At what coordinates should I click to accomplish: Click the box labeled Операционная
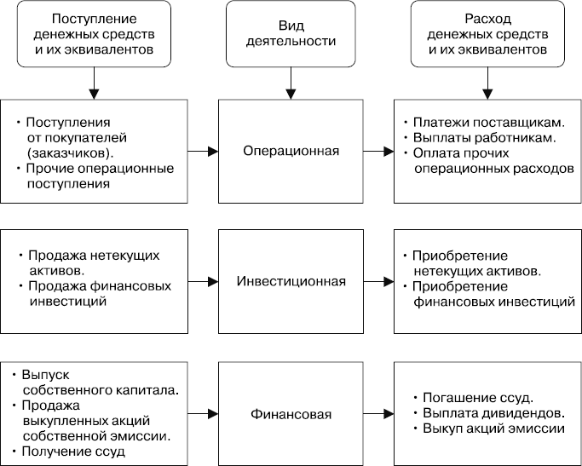pyautogui.click(x=291, y=152)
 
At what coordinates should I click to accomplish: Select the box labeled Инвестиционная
pyautogui.click(x=291, y=281)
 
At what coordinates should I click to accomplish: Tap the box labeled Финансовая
pyautogui.click(x=291, y=415)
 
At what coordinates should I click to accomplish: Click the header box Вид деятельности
pyautogui.click(x=291, y=34)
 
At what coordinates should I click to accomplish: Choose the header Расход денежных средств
pyautogui.click(x=488, y=34)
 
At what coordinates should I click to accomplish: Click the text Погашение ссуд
pyautogui.click(x=477, y=398)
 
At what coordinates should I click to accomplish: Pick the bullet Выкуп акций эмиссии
pyautogui.click(x=493, y=429)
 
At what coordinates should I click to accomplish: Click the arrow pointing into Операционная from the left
pyautogui.click(x=201, y=152)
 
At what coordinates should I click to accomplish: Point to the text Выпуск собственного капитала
pyautogui.click(x=100, y=383)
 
